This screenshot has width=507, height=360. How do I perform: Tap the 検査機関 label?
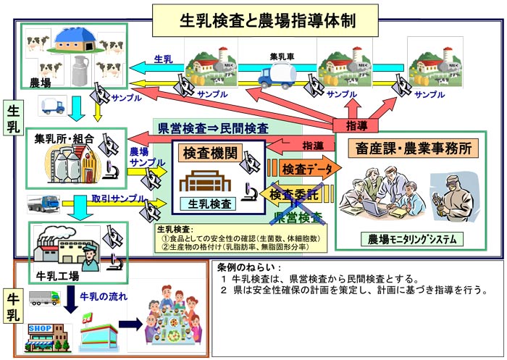(x=210, y=153)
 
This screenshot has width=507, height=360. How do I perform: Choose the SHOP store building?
(x=49, y=335)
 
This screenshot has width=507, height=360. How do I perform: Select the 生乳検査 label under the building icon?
(x=209, y=204)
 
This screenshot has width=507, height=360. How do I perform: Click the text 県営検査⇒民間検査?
(x=213, y=128)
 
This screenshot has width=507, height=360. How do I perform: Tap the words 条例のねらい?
(x=246, y=267)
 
